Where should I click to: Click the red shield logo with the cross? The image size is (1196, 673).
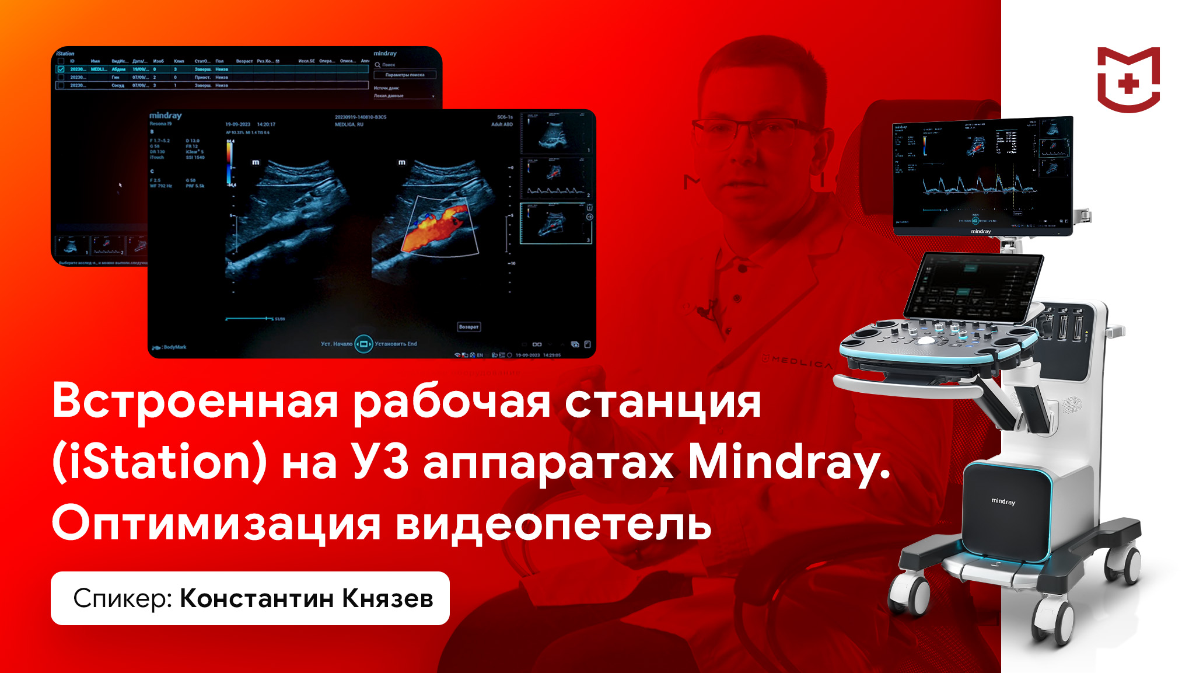tap(1128, 79)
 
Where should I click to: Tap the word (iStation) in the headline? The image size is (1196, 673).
tap(159, 462)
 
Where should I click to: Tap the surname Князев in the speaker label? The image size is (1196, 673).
tap(387, 598)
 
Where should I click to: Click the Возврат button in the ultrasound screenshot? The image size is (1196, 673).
tap(468, 327)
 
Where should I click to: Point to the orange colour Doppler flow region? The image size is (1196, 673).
tap(435, 229)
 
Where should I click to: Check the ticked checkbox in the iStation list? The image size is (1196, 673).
tap(61, 69)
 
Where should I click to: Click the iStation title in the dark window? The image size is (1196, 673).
tap(65, 53)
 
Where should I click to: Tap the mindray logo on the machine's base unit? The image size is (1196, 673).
tap(1003, 501)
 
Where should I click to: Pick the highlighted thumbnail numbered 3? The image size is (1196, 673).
tap(553, 223)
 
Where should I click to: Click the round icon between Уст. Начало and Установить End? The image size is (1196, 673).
tap(363, 344)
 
